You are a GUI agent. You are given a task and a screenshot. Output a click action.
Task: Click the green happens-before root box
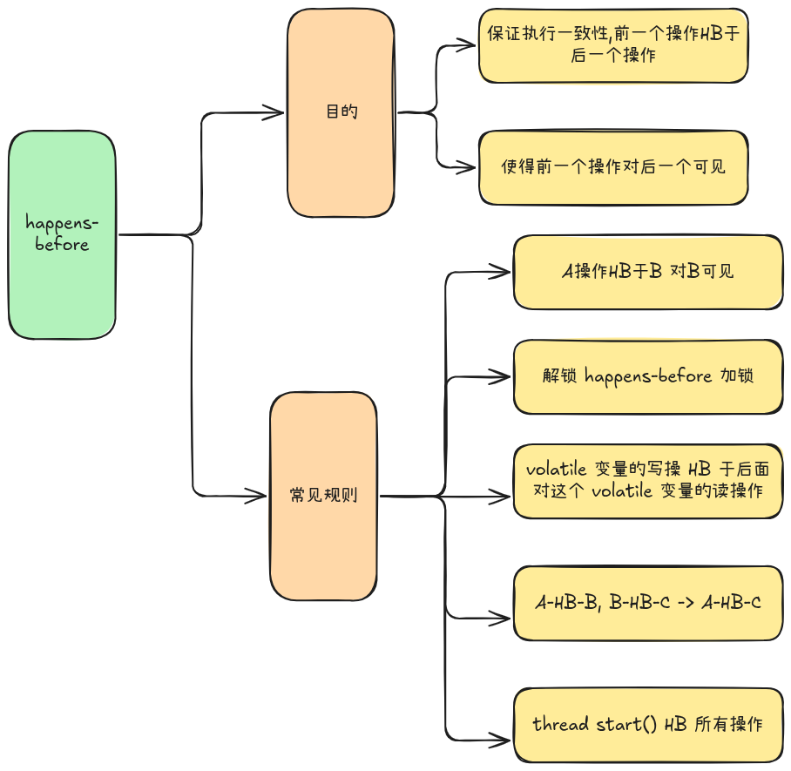coord(62,234)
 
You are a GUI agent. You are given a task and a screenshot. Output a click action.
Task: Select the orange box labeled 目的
coord(341,112)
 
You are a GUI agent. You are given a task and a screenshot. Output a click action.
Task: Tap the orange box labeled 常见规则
coord(323,496)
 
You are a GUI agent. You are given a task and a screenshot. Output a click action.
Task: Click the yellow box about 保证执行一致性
coord(613,44)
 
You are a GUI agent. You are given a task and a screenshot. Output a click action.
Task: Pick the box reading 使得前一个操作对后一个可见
coord(613,167)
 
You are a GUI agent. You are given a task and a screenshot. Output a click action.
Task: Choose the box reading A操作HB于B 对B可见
coord(648,271)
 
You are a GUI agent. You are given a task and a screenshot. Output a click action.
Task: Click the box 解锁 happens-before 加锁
coord(648,376)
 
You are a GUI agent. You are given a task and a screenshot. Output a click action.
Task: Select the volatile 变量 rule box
coord(648,480)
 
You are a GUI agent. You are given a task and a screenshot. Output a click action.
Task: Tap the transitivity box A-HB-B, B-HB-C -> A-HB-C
coord(648,602)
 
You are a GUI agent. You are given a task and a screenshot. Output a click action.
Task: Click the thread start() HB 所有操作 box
coord(648,724)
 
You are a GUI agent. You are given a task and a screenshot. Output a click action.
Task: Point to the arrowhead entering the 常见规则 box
coord(259,497)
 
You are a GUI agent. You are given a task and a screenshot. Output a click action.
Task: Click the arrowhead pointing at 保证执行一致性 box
coord(470,44)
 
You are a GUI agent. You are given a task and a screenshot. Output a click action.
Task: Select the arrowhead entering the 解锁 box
coord(504,376)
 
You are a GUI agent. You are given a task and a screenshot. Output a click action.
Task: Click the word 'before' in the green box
coord(62,245)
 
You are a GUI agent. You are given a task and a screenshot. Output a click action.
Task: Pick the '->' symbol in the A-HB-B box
coord(682,602)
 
